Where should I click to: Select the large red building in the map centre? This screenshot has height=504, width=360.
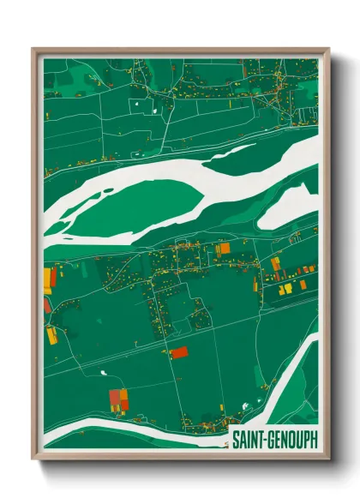179,352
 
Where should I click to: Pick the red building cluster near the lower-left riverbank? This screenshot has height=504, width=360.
117,399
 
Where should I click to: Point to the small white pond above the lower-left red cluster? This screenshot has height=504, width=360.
103,373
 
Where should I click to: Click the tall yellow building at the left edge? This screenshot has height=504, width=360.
47,278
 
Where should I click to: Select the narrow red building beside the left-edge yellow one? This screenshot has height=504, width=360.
54,276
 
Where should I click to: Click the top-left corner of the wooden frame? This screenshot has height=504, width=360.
33,50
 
